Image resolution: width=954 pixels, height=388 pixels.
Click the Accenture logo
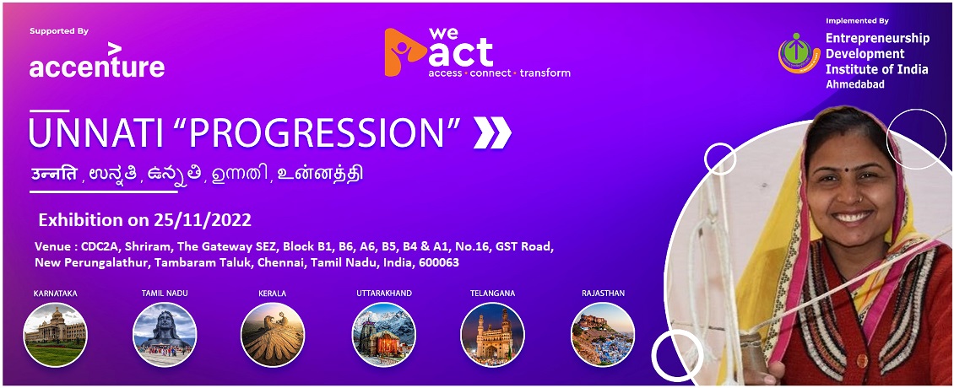tap(97, 60)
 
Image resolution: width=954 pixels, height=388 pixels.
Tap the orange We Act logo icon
tap(404, 51)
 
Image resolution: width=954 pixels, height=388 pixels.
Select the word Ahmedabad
tap(855, 84)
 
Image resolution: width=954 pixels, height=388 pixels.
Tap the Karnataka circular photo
tap(56, 335)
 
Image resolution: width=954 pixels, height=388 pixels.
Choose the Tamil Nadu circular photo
tap(165, 335)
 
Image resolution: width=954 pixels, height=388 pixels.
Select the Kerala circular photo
tap(272, 335)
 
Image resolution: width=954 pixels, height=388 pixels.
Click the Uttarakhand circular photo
tap(384, 335)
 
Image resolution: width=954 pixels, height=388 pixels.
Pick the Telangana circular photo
tap(493, 335)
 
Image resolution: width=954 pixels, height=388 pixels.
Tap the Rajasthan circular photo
tap(603, 335)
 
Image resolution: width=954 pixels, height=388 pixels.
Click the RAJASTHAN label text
tap(603, 294)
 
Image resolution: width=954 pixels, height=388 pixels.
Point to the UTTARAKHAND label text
tap(384, 294)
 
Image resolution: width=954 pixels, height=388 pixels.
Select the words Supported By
tap(59, 31)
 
